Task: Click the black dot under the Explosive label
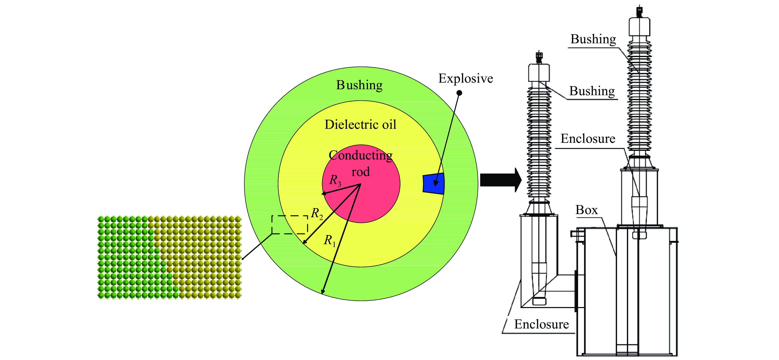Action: (x=459, y=93)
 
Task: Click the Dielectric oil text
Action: (x=360, y=124)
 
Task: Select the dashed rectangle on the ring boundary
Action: (x=290, y=225)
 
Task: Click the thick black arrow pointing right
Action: (x=501, y=180)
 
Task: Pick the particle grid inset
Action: (x=169, y=257)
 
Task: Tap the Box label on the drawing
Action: (x=586, y=210)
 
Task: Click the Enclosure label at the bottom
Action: (x=541, y=324)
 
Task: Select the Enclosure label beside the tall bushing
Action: (x=588, y=139)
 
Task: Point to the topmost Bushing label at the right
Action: (x=593, y=39)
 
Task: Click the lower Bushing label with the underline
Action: (x=592, y=91)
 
